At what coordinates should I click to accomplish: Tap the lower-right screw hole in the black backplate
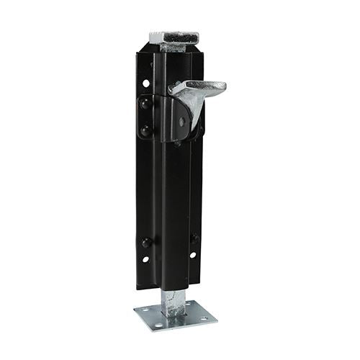[x=192, y=255]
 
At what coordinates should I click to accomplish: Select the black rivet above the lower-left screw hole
[x=146, y=242]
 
